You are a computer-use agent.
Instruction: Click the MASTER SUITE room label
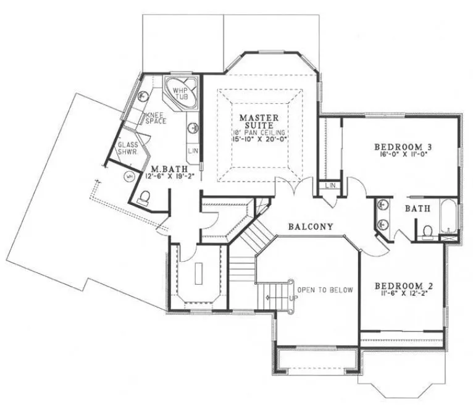coord(259,122)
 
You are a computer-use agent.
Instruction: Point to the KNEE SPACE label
coord(156,118)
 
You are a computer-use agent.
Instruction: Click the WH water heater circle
coord(130,177)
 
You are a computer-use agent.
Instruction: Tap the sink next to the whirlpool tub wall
coord(193,128)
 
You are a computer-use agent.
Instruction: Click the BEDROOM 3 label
coord(403,146)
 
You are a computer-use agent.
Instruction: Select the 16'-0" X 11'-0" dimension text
coord(403,155)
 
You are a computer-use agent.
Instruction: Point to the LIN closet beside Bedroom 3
coord(329,185)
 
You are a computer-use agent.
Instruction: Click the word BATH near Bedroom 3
coord(417,209)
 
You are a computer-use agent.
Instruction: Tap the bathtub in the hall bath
coord(449,217)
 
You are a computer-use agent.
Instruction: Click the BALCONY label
coord(311,227)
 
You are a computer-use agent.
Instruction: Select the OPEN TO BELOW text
coord(325,290)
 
